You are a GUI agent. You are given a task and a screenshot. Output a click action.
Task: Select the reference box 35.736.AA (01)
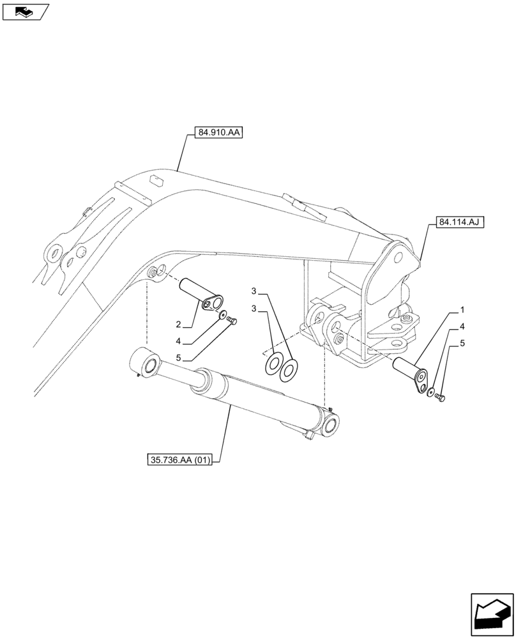pyautogui.click(x=183, y=459)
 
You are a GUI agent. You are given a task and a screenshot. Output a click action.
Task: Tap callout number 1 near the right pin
pyautogui.click(x=461, y=311)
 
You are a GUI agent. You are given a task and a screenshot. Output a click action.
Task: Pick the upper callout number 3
pyautogui.click(x=254, y=291)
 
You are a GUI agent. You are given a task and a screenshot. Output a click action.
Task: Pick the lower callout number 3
pyautogui.click(x=254, y=309)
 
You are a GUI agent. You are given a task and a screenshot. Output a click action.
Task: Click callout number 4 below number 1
pyautogui.click(x=461, y=327)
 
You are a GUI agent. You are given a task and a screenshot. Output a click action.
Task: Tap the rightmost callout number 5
pyautogui.click(x=461, y=344)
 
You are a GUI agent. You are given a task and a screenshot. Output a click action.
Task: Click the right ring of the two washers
pyautogui.click(x=290, y=369)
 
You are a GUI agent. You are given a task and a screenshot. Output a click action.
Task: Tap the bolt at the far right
pyautogui.click(x=439, y=397)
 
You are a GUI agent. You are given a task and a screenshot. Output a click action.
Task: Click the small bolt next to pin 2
pyautogui.click(x=232, y=319)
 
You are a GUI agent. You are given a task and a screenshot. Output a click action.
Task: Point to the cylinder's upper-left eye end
pyautogui.click(x=148, y=363)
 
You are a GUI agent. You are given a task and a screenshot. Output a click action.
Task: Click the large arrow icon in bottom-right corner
pyautogui.click(x=492, y=613)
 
